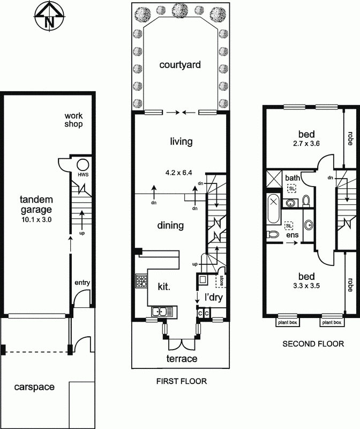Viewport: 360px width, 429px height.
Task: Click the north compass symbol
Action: tap(49, 18)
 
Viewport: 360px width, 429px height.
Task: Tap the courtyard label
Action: tap(180, 65)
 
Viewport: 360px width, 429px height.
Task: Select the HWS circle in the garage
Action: tap(83, 165)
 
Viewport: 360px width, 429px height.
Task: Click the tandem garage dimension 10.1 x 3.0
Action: tap(36, 219)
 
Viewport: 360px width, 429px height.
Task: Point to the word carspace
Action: tap(34, 387)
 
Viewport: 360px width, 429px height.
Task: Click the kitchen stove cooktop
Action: tap(141, 281)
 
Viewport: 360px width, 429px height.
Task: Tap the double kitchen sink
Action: tap(162, 312)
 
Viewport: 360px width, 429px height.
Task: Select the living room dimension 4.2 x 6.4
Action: tap(178, 173)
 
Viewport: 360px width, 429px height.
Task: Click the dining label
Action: tap(170, 225)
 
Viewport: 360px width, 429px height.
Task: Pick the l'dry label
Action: tap(214, 297)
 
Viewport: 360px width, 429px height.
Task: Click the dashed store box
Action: tap(221, 280)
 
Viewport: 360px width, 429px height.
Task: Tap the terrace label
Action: tap(182, 358)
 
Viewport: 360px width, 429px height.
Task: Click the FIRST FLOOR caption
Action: tap(182, 381)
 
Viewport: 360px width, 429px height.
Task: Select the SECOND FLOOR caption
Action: tap(313, 344)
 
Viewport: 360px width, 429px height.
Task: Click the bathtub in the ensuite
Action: tap(274, 209)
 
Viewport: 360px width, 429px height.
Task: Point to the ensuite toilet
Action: tap(273, 234)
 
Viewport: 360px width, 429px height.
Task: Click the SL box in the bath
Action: tap(292, 189)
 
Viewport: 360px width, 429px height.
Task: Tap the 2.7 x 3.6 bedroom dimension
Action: tap(306, 143)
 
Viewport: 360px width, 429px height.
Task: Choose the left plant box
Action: tap(287, 322)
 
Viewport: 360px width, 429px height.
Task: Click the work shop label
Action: tap(73, 120)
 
